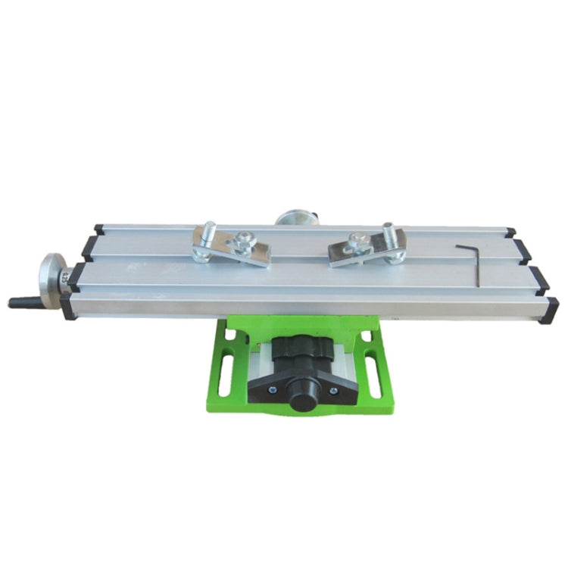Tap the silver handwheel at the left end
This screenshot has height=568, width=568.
(51, 280)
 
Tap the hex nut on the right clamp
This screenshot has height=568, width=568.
(357, 245)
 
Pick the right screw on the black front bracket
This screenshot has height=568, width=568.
(334, 391)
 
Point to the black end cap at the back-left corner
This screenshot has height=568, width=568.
(98, 229)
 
